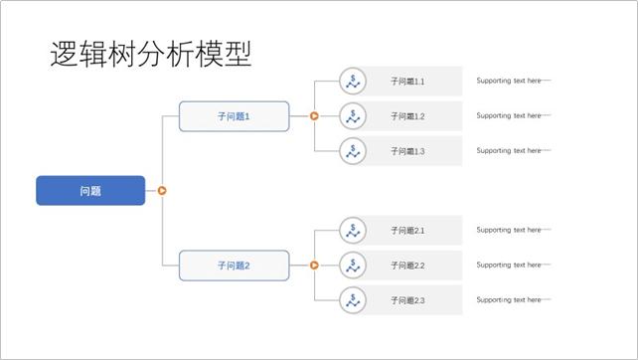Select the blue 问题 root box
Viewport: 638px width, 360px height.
[90, 191]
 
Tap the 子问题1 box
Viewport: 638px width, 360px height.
[234, 116]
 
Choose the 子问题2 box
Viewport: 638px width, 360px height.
[234, 266]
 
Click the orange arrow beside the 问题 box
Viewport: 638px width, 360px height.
[162, 191]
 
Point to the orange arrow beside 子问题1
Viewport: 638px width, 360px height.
[314, 116]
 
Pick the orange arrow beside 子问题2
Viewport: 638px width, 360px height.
[314, 266]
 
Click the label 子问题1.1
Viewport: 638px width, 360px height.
[407, 82]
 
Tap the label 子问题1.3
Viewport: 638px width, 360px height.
[407, 151]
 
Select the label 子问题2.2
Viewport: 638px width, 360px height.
[407, 266]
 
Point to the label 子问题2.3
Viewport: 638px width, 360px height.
[407, 300]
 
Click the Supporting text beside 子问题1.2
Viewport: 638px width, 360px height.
[509, 116]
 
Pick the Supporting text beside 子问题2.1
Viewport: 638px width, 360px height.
[509, 231]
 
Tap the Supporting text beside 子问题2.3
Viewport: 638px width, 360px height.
[509, 300]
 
